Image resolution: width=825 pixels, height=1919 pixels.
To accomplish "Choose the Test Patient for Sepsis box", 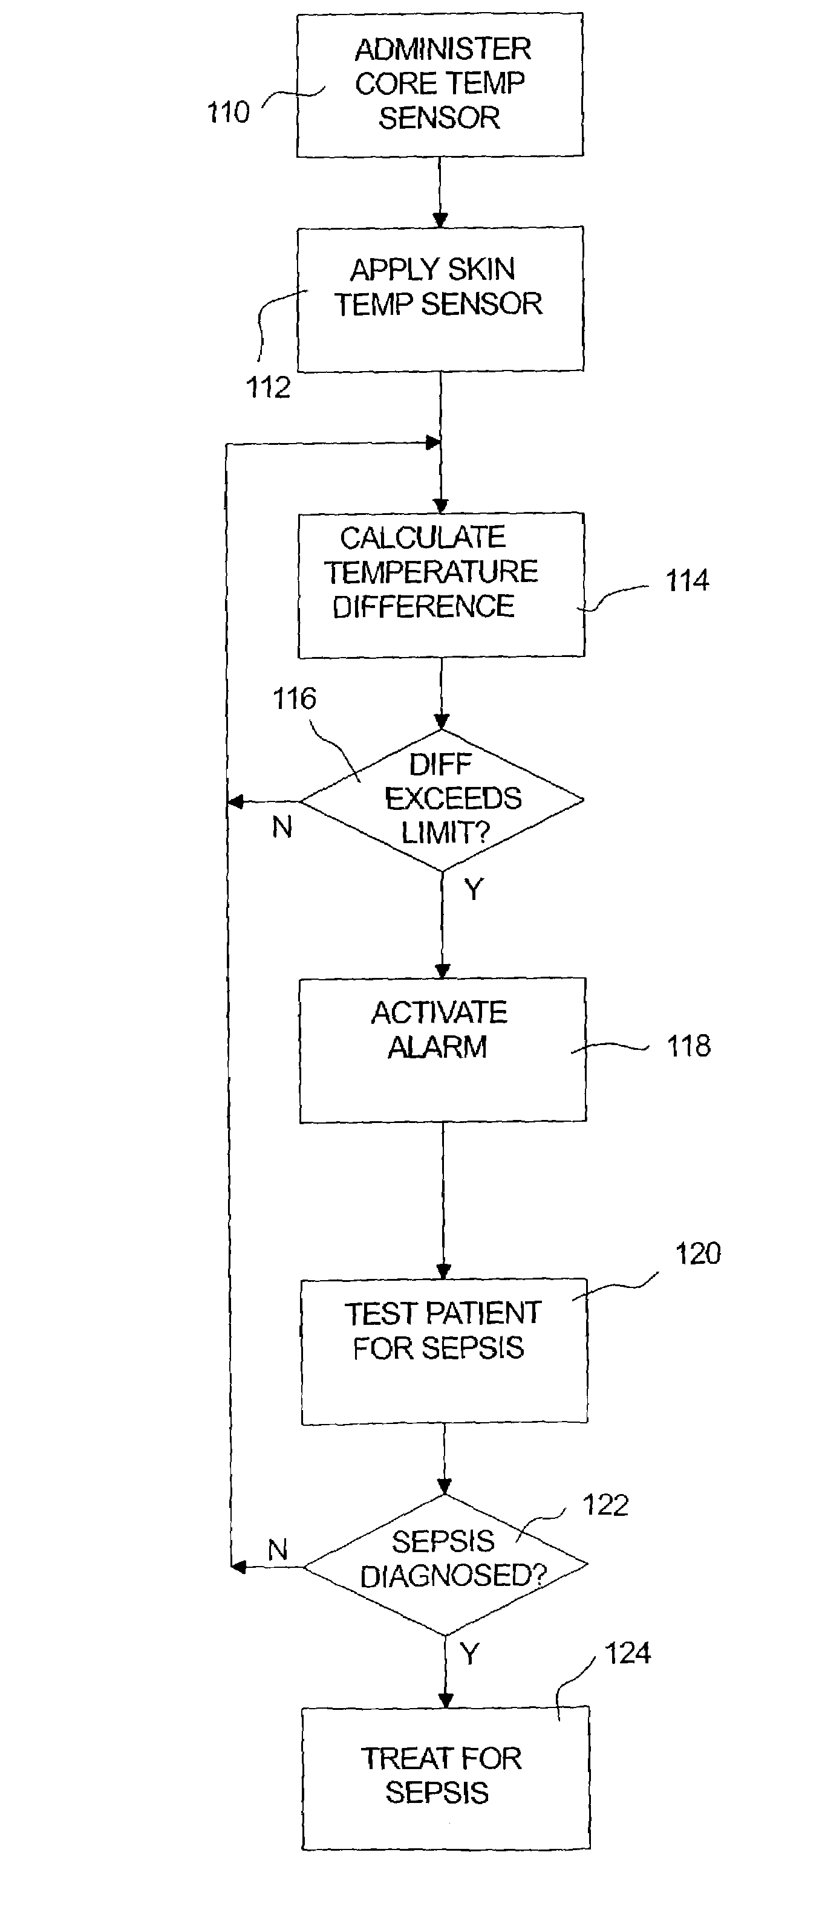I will point(443,1351).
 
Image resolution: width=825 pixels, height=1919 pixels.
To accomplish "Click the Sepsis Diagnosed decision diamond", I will point(446,1564).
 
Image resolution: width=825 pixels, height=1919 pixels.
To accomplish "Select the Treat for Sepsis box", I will point(445,1778).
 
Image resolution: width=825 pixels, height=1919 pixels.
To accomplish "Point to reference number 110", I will point(227,112).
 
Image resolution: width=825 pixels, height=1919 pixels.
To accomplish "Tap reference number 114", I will point(686,580).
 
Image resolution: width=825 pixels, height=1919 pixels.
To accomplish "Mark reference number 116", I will point(293,699).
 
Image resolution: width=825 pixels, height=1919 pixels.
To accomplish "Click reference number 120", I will point(697,1254).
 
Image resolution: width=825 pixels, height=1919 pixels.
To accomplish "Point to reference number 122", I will point(605,1506).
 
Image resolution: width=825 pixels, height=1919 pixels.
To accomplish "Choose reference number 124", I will point(627,1653).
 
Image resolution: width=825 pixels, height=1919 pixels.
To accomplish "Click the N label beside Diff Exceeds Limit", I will point(282,827).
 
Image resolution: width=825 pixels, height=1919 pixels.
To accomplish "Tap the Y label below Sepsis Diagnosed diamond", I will point(469,1653).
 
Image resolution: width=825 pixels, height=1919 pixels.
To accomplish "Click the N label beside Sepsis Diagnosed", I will point(277,1550).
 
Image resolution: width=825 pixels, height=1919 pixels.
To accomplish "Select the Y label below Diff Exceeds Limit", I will point(473,888).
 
